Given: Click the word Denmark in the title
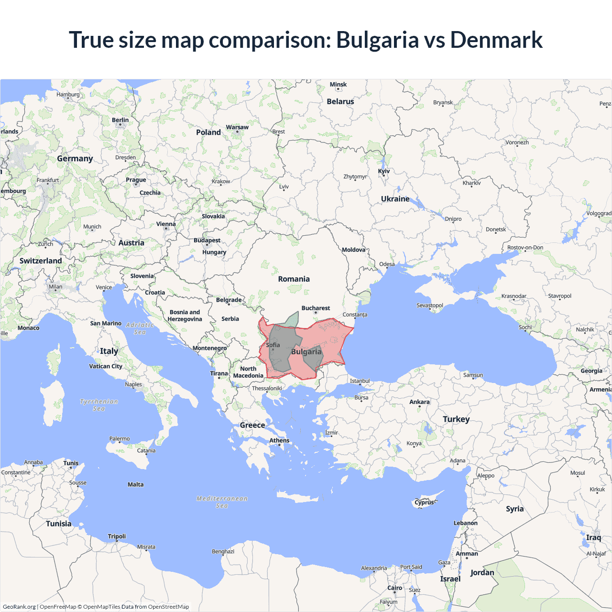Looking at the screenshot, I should point(496,40).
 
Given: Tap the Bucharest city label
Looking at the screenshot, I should point(316,308).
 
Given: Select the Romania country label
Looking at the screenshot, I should point(294,279).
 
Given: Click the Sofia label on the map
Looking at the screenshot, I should point(273,345).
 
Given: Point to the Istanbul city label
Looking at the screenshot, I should point(360,381).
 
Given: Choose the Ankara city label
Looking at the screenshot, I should point(419,402).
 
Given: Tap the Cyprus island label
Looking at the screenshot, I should point(424,503).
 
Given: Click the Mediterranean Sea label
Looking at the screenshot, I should point(222,502).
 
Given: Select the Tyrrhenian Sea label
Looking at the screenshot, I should point(98,405).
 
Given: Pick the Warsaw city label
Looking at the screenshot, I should point(237,127).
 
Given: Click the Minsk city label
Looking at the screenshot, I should point(338,85).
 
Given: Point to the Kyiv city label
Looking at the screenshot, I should point(384,171).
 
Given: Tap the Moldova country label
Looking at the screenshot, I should point(353,250).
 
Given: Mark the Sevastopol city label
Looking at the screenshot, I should point(429,306).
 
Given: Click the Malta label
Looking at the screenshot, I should point(135,485).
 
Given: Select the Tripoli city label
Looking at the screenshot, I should point(117,536).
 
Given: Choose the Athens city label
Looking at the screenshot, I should point(279,441).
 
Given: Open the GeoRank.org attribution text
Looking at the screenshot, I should point(19,607).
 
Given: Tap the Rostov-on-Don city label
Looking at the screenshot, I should point(525,248).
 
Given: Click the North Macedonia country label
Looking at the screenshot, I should point(248,372).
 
